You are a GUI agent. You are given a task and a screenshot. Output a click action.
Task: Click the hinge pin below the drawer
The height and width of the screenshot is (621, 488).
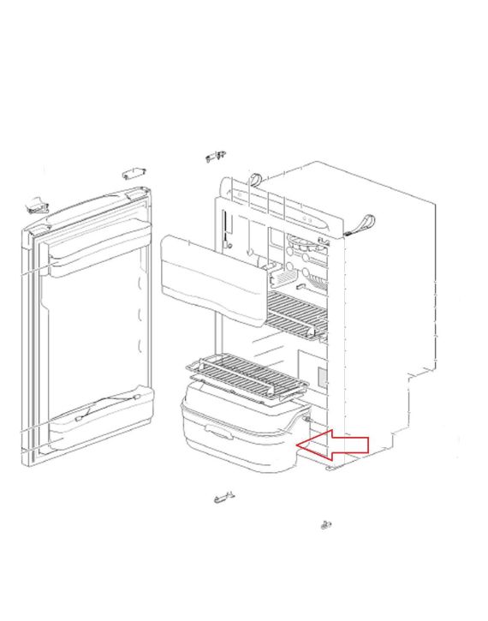(x=223, y=496)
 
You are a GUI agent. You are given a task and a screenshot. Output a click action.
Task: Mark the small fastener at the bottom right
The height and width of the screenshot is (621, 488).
(x=326, y=523)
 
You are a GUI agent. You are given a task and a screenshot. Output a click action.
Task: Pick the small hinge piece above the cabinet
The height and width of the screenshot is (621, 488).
(x=216, y=157)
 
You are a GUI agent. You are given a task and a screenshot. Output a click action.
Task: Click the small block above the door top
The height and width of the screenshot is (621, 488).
(x=133, y=173)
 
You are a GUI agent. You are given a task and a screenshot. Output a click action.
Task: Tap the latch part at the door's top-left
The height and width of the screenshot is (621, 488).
(x=36, y=205)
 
